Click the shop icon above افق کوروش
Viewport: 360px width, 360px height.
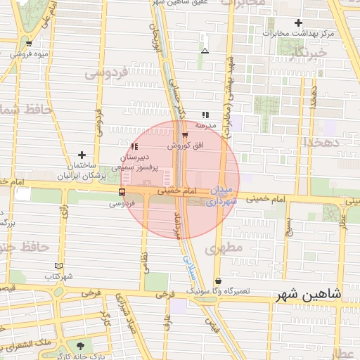click(185, 134)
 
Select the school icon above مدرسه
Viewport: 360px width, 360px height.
click(205, 115)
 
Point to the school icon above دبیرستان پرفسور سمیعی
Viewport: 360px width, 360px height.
click(134, 147)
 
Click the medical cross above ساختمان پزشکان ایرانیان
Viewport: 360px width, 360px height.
click(82, 155)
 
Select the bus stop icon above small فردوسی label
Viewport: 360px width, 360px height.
click(122, 192)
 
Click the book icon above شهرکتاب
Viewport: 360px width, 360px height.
click(58, 266)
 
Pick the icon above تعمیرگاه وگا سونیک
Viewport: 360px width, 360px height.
click(218, 281)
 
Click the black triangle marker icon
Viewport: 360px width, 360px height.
click(205, 51)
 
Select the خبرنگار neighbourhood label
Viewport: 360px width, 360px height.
click(308, 52)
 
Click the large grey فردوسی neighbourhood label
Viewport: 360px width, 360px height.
click(105, 72)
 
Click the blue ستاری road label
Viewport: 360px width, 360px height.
click(188, 264)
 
